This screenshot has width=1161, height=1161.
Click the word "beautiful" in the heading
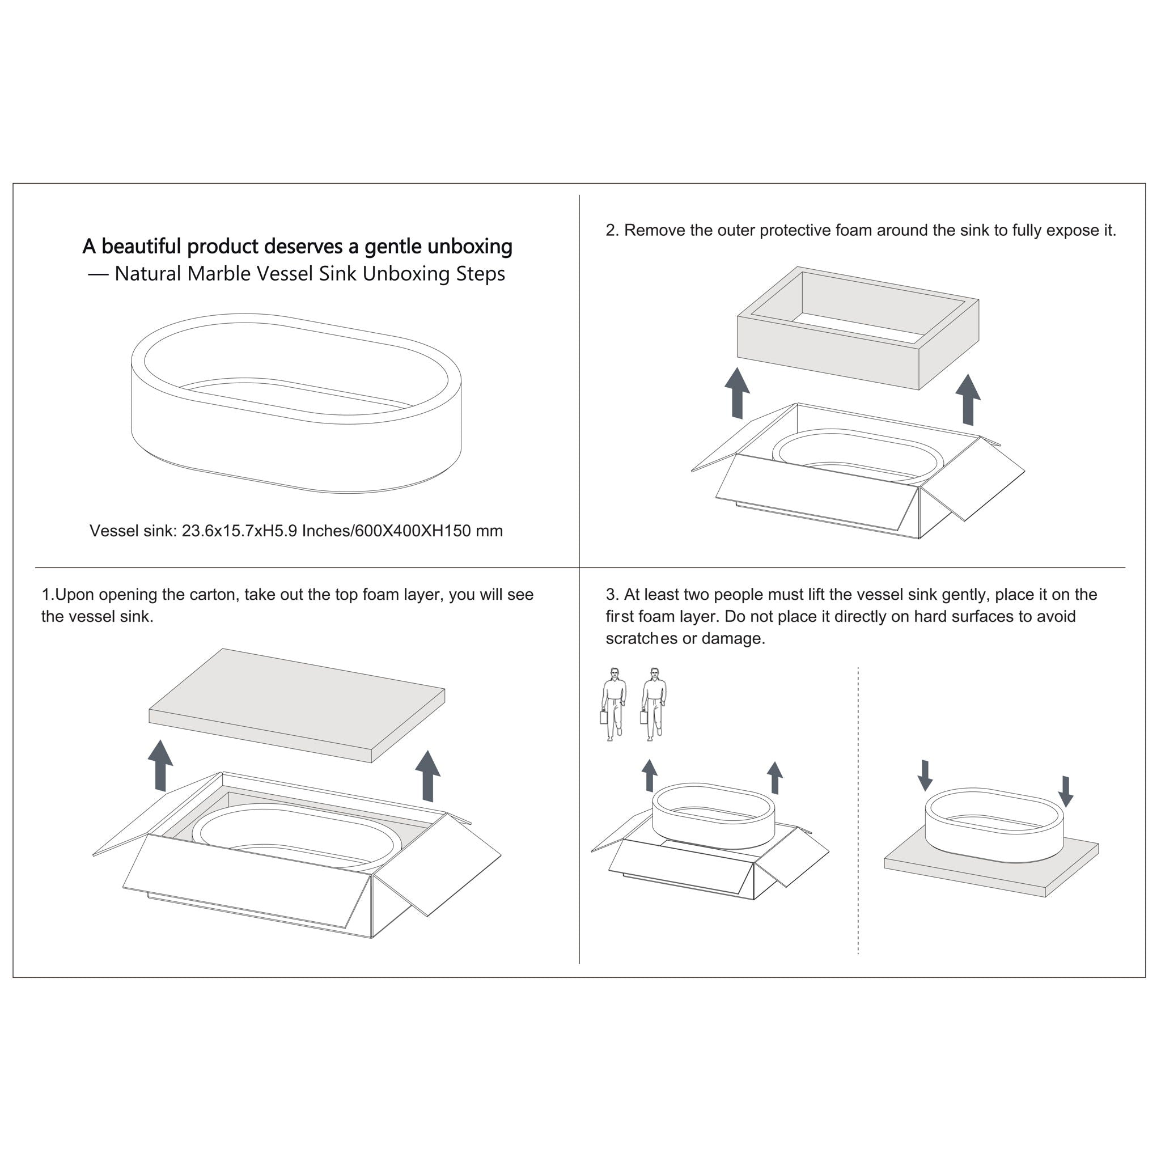141,247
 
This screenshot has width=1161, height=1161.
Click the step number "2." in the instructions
612,231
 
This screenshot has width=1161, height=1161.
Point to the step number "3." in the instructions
612,595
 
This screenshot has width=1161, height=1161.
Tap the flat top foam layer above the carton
297,705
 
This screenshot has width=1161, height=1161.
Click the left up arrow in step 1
160,765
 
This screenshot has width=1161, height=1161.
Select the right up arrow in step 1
427,776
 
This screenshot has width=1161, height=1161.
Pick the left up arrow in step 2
737,393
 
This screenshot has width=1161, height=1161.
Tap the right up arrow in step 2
968,400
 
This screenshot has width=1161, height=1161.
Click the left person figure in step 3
613,704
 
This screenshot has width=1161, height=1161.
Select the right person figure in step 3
653,704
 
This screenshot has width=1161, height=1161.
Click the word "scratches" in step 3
641,639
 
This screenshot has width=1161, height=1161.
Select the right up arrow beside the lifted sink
775,778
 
